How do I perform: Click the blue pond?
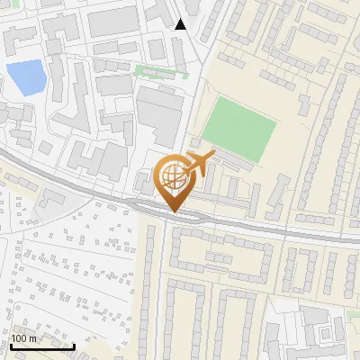pos(24,77)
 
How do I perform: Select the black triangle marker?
pos(182,24)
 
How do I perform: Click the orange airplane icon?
pos(198,163)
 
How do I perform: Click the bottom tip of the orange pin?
pos(173,212)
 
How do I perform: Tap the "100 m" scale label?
pos(23,338)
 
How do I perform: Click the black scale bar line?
pos(42,346)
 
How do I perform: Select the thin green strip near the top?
pos(157,70)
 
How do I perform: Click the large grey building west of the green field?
pos(161,115)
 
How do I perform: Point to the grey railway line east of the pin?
pos(270,230)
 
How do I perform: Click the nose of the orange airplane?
pos(212,156)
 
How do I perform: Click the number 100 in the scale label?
pos(19,338)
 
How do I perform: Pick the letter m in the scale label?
pos(32,339)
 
